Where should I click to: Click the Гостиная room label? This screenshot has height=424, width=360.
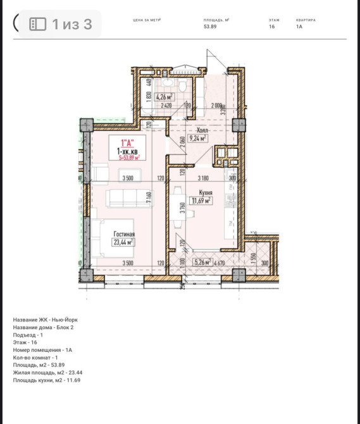124,234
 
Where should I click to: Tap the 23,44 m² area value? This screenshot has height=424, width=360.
124,242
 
